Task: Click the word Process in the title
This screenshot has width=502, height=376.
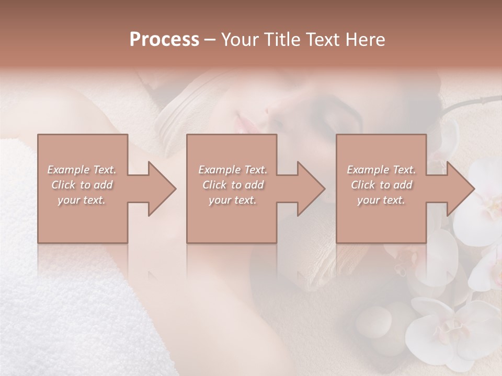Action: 164,40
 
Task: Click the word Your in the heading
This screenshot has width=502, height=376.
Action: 240,40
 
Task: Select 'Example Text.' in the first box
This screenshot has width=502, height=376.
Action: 82,170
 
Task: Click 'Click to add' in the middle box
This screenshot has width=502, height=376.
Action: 233,185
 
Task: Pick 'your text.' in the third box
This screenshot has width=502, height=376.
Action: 381,200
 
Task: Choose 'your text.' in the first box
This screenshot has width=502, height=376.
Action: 82,200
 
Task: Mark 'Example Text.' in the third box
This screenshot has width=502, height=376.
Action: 381,170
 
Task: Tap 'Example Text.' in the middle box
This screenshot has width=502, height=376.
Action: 233,170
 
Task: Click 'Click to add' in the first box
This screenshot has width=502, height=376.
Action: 82,185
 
